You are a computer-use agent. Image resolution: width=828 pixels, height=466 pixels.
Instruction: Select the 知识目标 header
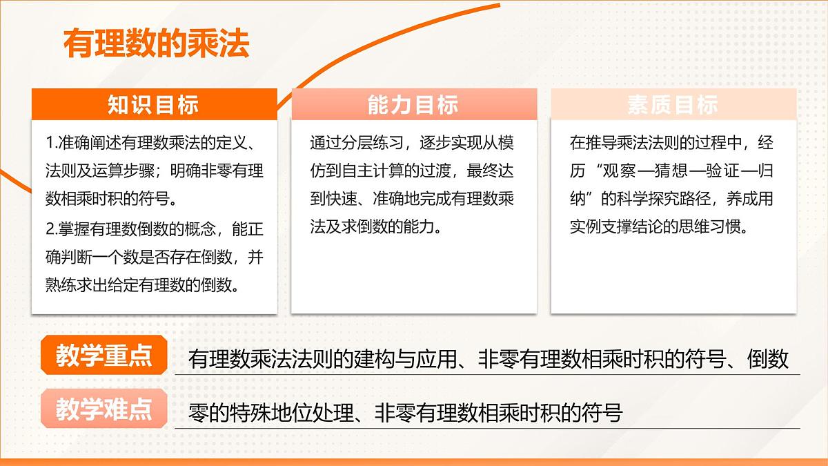153,104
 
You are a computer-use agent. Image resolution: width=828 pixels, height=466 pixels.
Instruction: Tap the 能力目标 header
413,104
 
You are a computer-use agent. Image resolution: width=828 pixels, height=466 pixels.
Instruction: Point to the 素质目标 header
673,104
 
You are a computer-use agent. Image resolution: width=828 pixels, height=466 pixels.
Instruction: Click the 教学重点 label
104,357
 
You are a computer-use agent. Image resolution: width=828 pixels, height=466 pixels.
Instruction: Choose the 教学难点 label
104,409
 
